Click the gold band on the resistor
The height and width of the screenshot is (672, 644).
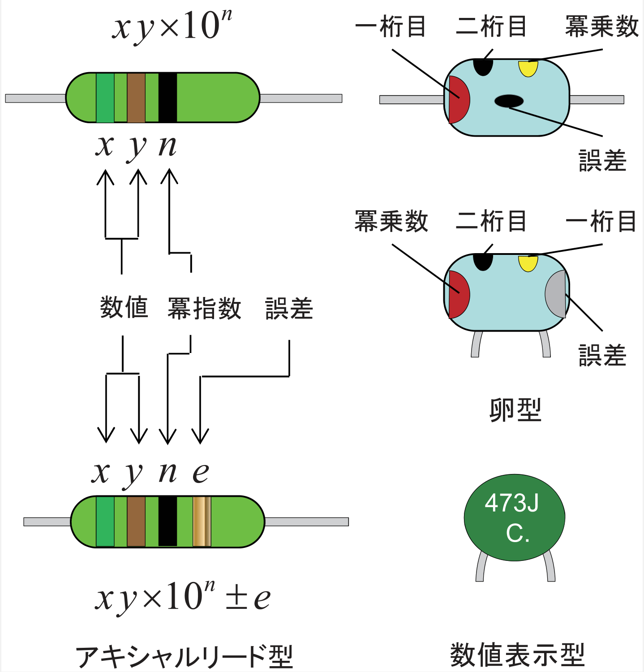click(x=202, y=521)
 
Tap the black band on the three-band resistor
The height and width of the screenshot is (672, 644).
click(x=167, y=98)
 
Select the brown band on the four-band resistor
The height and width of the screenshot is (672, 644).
click(x=136, y=521)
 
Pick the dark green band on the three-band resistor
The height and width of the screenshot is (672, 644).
click(x=105, y=98)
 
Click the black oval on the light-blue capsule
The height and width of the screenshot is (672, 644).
click(x=509, y=101)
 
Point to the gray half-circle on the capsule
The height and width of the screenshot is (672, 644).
click(x=556, y=294)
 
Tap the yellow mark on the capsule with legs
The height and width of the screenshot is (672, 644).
click(x=528, y=263)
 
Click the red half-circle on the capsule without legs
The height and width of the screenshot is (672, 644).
click(x=458, y=99)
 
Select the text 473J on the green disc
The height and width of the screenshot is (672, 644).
click(x=511, y=503)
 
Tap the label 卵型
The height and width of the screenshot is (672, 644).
click(x=515, y=409)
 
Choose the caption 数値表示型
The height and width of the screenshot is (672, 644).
click(x=517, y=655)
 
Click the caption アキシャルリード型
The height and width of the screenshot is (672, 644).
click(x=184, y=657)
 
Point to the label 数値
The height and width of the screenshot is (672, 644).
click(x=124, y=308)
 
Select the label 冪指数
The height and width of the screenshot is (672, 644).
click(x=204, y=308)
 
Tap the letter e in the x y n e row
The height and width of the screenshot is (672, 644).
click(x=201, y=473)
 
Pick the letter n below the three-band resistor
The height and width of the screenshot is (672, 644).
click(x=168, y=146)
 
